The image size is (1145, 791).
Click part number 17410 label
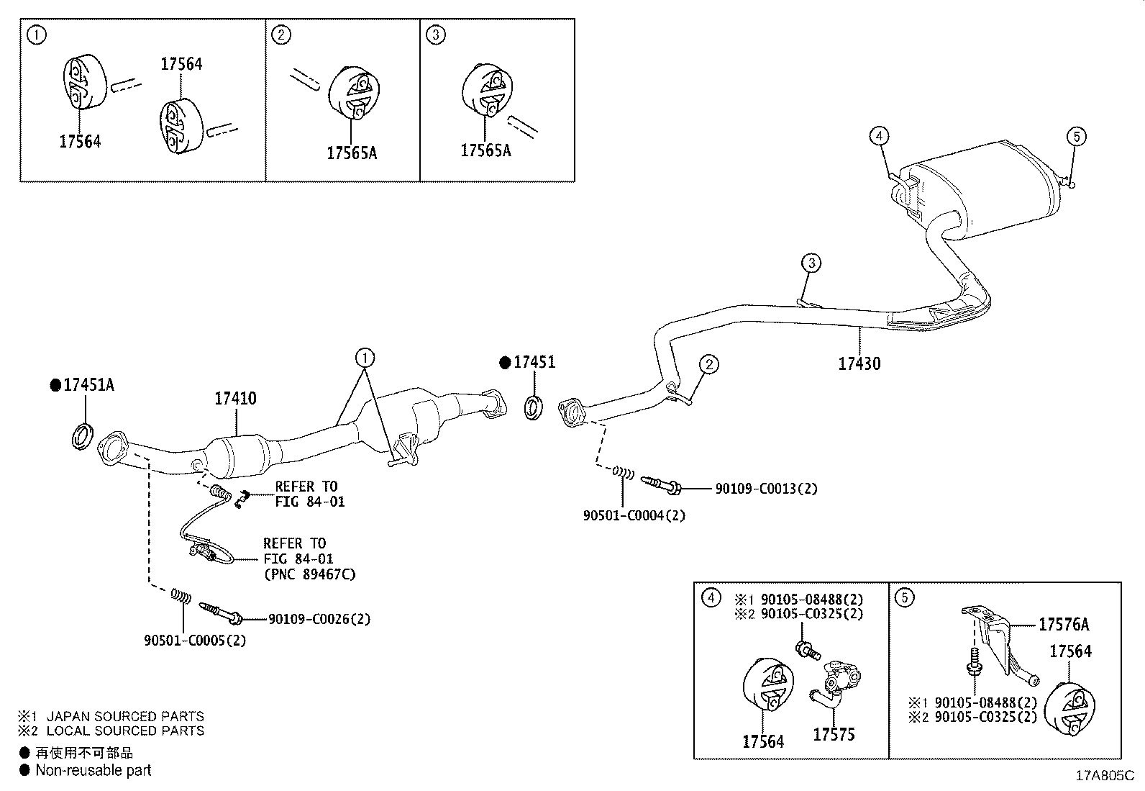(x=235, y=398)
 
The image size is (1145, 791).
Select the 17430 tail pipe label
(x=859, y=363)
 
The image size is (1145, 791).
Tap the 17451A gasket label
(x=88, y=385)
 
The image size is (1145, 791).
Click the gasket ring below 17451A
(x=83, y=438)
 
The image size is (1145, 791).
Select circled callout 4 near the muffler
(x=878, y=135)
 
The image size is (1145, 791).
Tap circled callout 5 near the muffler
(x=1075, y=135)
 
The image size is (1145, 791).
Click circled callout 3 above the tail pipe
(x=811, y=263)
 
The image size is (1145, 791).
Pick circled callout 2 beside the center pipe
(x=708, y=365)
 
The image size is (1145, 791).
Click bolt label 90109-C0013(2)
(x=765, y=489)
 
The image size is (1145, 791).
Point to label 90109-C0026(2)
(x=319, y=619)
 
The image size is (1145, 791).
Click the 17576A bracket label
(x=1063, y=625)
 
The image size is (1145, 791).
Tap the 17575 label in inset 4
(x=834, y=735)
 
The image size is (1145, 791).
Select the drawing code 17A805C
(x=1104, y=776)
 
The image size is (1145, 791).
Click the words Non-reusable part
(x=93, y=770)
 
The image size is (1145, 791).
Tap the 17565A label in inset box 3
(x=485, y=150)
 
